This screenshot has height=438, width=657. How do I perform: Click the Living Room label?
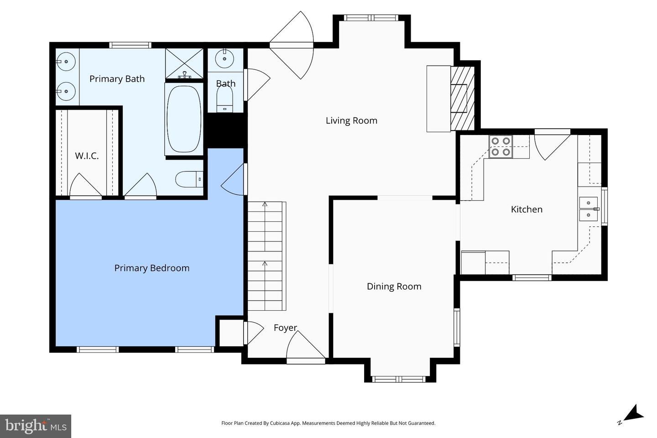(351, 120)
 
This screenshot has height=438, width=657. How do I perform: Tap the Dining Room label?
(394, 286)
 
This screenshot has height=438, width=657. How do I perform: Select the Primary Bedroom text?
(151, 268)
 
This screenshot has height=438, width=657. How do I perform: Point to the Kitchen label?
(527, 209)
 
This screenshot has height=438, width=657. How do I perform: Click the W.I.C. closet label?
(87, 156)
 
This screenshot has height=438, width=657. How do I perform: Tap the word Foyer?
(285, 328)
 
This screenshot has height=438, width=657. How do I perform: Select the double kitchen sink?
(589, 209)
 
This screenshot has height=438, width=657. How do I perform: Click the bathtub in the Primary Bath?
(184, 119)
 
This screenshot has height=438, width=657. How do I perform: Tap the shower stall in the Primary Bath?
(184, 63)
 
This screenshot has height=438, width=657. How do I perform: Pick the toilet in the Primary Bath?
(188, 179)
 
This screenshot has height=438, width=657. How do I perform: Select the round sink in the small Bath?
(224, 58)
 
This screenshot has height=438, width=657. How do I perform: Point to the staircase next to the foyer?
(266, 256)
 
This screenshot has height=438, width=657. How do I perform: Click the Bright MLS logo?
(36, 426)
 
